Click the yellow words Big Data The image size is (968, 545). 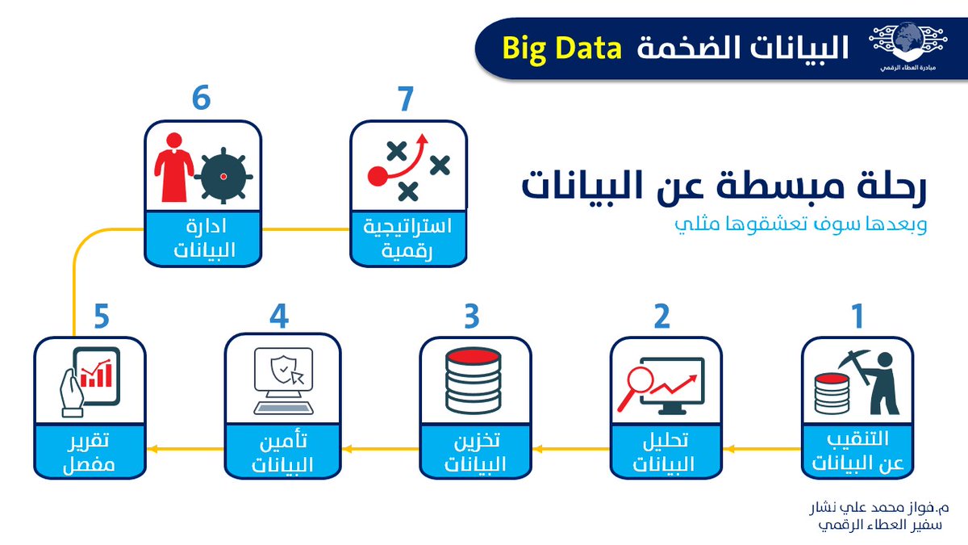coord(562,48)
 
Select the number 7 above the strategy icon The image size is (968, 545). coord(405,99)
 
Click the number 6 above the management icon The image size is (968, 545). coord(201,99)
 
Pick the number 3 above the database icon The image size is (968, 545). coord(473,317)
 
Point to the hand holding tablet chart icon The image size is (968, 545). coord(90,382)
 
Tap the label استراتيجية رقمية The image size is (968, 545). coord(408,239)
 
